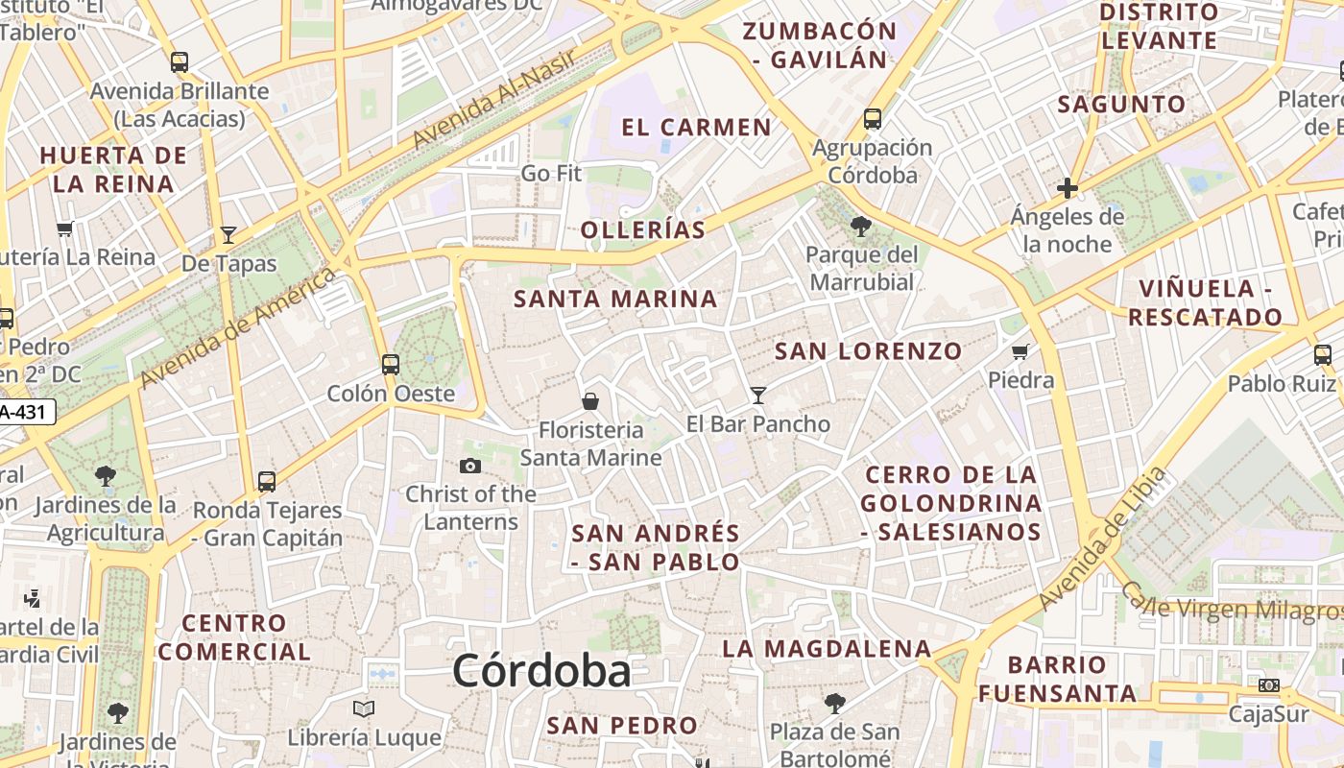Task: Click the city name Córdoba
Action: click(x=541, y=670)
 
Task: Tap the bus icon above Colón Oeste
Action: click(x=390, y=365)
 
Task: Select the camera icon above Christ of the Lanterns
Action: click(x=470, y=467)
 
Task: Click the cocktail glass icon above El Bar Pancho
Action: click(x=758, y=395)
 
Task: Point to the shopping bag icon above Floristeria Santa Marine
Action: click(x=590, y=400)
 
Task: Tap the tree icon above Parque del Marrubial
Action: click(x=861, y=227)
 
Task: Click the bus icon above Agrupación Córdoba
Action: click(x=873, y=119)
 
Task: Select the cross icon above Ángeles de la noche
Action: click(x=1067, y=188)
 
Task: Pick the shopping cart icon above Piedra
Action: click(x=1020, y=351)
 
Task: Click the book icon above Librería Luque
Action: click(x=364, y=709)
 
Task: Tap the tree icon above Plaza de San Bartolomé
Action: click(x=835, y=704)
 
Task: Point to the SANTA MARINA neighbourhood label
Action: click(x=615, y=299)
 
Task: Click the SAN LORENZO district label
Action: click(x=868, y=351)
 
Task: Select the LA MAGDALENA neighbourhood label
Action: click(x=827, y=649)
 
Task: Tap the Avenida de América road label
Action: click(x=238, y=328)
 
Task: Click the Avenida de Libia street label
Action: click(x=1104, y=539)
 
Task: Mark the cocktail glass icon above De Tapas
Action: click(x=228, y=234)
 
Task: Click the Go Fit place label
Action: click(x=551, y=174)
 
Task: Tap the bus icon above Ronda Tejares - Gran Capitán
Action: click(x=267, y=481)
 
